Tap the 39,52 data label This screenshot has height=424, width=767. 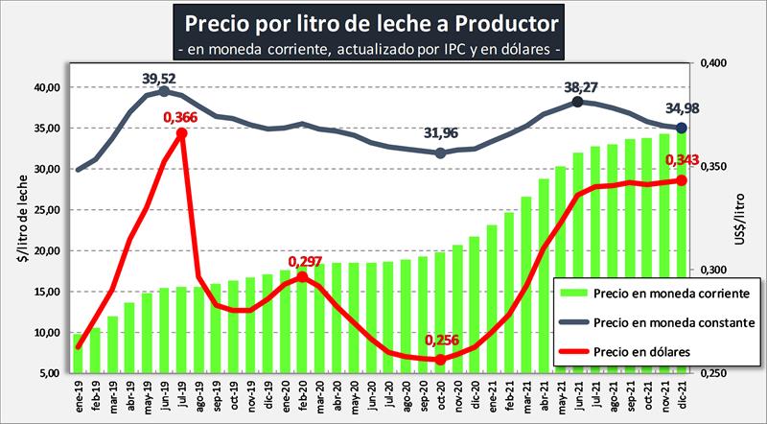(x=163, y=77)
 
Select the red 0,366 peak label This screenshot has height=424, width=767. (x=180, y=118)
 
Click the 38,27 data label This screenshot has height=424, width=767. (x=580, y=87)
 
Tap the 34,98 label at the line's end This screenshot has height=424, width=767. (x=682, y=109)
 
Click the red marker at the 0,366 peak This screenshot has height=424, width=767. (x=180, y=133)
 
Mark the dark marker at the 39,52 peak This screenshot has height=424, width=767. (x=164, y=91)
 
